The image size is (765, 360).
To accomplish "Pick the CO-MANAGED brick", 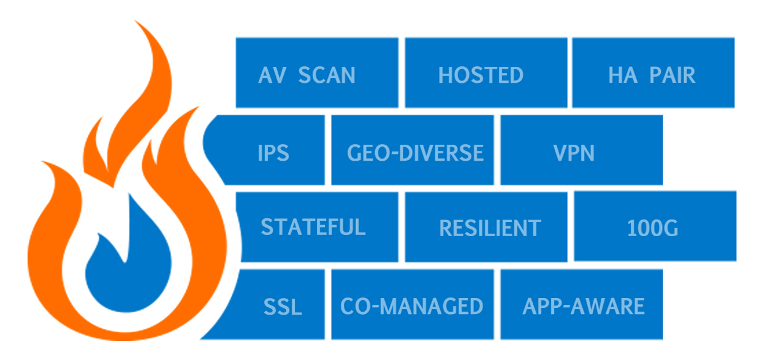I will (x=413, y=305).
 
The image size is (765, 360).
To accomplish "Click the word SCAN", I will (x=327, y=75).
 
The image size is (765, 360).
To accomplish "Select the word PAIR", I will (x=671, y=75).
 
